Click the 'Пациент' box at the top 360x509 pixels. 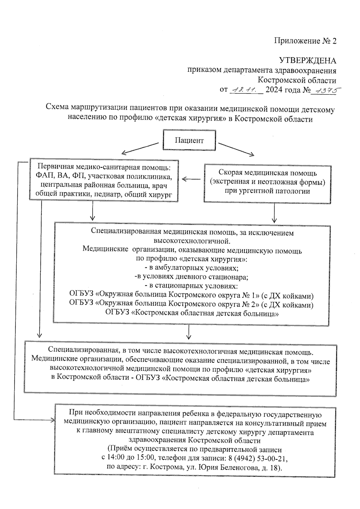189,140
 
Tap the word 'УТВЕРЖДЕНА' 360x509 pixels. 307,61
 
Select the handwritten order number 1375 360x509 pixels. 323,90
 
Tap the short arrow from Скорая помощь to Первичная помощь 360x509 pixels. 191,179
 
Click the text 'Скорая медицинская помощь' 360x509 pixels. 267,173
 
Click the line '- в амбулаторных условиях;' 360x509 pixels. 191,268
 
